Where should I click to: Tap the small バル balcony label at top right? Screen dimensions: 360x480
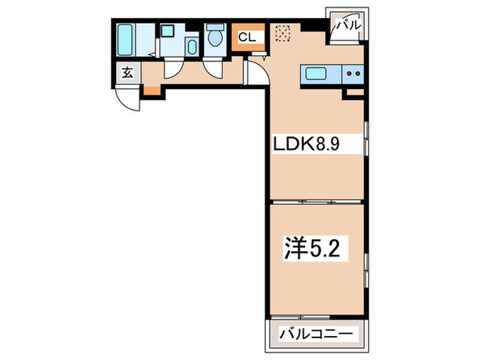(x=346, y=27)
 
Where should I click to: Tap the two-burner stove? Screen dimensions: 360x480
(x=353, y=73)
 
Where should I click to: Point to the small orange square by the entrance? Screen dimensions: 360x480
(x=150, y=90)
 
